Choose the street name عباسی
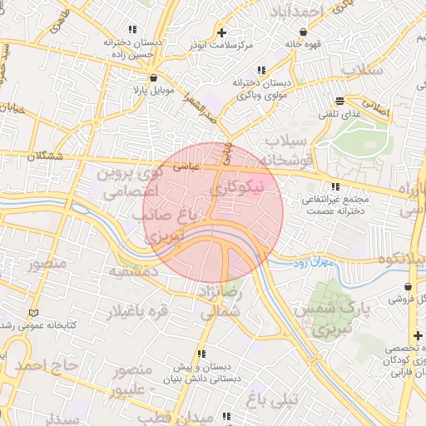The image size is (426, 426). pos(187,166)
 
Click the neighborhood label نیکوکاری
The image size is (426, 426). pos(246,189)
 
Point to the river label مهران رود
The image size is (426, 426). pos(312,263)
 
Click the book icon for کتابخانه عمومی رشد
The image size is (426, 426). pos(33,312)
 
